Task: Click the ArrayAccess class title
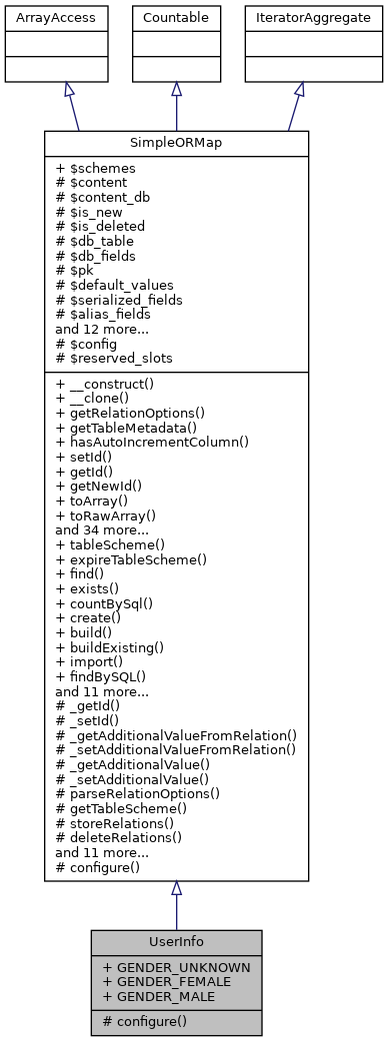(41, 18)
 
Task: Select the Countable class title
(176, 18)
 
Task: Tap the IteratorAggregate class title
(299, 18)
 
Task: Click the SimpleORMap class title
(176, 143)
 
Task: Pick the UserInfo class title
(176, 942)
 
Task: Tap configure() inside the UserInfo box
(148, 1021)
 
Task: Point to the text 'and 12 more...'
(101, 328)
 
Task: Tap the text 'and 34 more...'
(101, 530)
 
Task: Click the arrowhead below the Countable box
(176, 89)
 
